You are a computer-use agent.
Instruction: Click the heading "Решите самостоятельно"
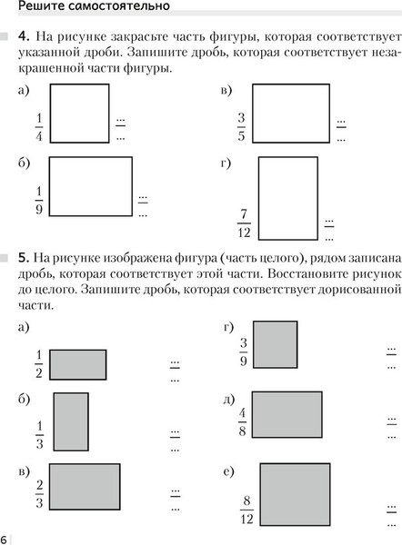86,8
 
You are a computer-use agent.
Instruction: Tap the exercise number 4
24,37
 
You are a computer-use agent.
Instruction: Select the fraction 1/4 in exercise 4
39,127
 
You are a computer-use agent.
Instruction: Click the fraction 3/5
241,126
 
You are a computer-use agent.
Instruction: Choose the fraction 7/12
243,221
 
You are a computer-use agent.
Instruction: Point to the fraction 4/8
242,420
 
